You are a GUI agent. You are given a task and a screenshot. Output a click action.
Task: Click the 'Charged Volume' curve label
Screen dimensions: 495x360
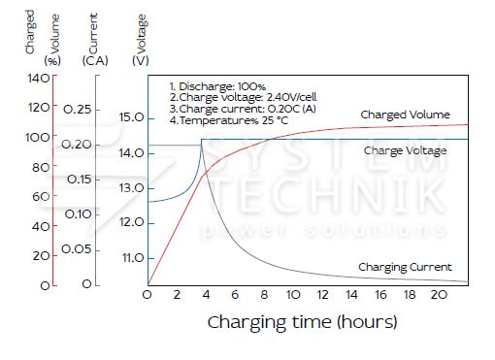click(405, 115)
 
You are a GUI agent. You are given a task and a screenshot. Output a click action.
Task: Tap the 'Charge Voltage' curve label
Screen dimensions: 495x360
click(405, 150)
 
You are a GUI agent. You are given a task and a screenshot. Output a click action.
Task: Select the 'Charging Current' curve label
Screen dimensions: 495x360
click(405, 267)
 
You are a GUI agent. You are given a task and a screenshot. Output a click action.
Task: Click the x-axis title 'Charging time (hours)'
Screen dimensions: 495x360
click(302, 322)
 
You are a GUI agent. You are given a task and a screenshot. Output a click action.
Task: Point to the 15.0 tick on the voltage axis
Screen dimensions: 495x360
click(132, 117)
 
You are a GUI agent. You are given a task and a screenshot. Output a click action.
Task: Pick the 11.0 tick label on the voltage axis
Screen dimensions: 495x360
click(133, 258)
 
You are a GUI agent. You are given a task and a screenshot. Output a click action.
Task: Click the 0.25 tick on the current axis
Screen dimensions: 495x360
click(78, 110)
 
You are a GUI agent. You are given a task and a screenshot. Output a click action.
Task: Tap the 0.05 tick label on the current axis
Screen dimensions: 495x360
click(77, 249)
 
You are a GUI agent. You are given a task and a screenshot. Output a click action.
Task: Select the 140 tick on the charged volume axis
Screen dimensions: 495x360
click(39, 79)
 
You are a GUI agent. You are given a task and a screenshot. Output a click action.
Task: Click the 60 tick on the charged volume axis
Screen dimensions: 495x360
click(41, 196)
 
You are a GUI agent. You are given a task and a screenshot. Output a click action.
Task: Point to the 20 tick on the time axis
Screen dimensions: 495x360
click(439, 295)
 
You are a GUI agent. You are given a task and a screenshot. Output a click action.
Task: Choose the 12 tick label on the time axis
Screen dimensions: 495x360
click(322, 295)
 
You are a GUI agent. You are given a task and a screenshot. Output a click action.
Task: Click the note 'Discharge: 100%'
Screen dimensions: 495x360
click(217, 86)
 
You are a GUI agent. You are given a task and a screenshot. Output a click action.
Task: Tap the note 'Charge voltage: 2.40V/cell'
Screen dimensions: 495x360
click(243, 97)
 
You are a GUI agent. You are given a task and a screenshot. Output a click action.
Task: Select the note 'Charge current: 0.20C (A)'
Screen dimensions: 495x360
click(243, 109)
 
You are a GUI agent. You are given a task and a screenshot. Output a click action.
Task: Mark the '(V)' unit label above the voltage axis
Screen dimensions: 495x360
click(141, 61)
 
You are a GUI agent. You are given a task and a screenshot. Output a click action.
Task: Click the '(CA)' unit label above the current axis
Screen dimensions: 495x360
click(95, 61)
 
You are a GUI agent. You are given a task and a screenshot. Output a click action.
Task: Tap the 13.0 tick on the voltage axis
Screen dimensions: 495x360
click(132, 188)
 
